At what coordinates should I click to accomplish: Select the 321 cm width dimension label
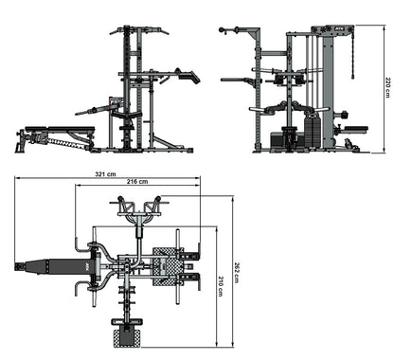tap(105, 174)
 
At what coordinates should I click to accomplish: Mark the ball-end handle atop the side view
tap(224, 30)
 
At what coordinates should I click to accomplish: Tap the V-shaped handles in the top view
tap(138, 207)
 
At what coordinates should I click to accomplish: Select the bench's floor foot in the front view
tap(20, 148)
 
